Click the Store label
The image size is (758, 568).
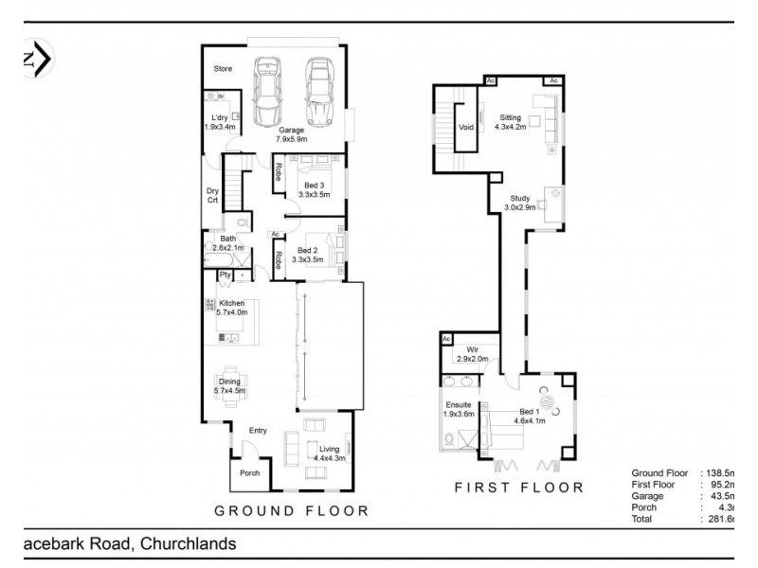click(x=223, y=69)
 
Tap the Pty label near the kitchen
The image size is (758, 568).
click(x=225, y=275)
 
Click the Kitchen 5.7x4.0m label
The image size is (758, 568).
click(x=231, y=308)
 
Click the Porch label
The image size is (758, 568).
click(x=249, y=473)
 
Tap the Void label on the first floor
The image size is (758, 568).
click(x=465, y=127)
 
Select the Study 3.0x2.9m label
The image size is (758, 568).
click(x=519, y=202)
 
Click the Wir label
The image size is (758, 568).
click(x=472, y=355)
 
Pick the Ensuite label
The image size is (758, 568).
click(x=458, y=409)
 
